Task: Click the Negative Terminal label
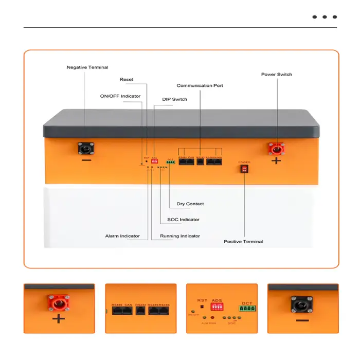point(87,67)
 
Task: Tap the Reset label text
point(127,80)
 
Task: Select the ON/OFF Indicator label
point(120,96)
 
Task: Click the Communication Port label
point(200,85)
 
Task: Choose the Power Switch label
point(276,75)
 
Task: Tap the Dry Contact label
point(190,204)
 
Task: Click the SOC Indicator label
point(183,220)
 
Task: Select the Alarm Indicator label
point(122,236)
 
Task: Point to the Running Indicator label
point(179,236)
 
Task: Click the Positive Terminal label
point(243,241)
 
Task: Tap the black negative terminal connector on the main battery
point(84,148)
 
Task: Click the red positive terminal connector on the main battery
point(276,148)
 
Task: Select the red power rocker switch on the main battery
point(245,168)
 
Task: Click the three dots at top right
point(325,17)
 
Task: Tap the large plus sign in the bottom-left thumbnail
point(59,319)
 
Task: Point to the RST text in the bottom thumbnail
point(203,300)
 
